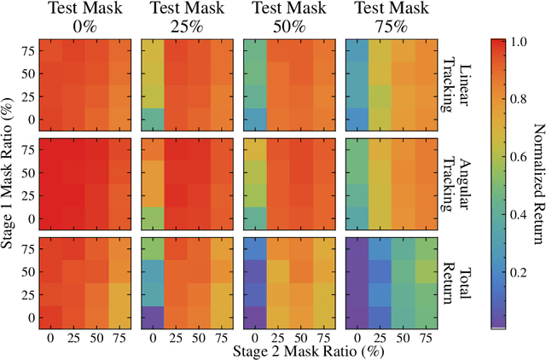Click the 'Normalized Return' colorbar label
(x=534, y=183)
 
